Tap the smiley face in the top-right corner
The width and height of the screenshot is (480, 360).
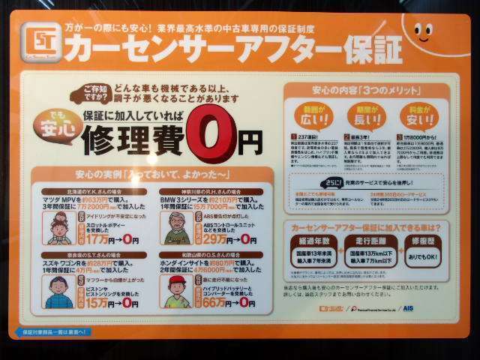tap(422, 32)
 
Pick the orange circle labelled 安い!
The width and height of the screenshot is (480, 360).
tap(421, 114)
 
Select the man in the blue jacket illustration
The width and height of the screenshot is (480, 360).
tap(61, 289)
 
